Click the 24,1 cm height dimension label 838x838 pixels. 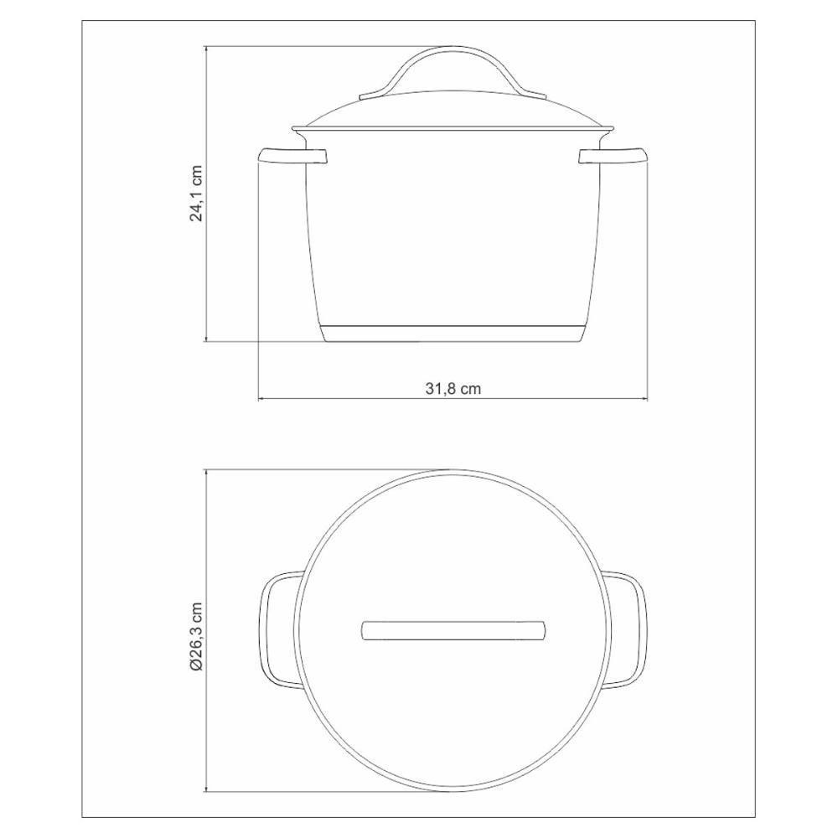tap(197, 194)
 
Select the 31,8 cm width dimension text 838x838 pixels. tap(453, 388)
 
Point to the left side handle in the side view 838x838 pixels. tap(292, 156)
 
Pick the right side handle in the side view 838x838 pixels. tap(613, 156)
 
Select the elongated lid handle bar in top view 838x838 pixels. tap(453, 629)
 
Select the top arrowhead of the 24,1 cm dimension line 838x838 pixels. tap(206, 49)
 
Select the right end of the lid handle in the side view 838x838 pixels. tap(536, 96)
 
